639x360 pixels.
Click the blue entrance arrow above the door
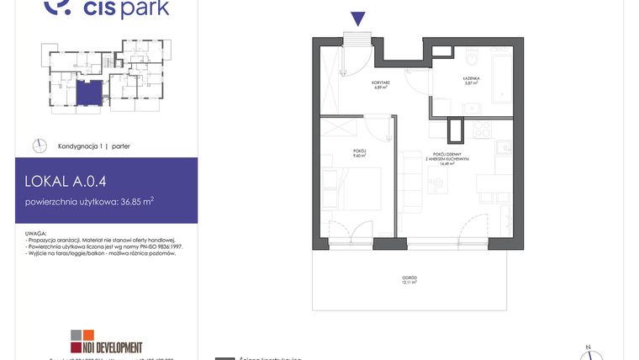pos(357,19)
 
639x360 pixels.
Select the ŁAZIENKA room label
pos(471,77)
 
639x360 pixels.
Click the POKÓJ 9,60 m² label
pos(361,153)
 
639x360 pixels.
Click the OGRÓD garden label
pos(409,279)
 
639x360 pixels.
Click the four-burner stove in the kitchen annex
pos(482,130)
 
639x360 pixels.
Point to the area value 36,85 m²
pos(135,201)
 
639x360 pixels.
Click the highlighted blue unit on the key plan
pos(90,93)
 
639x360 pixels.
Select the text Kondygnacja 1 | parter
pos(93,146)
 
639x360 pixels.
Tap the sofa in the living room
pos(411,180)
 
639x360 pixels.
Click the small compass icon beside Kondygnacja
pos(39,146)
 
